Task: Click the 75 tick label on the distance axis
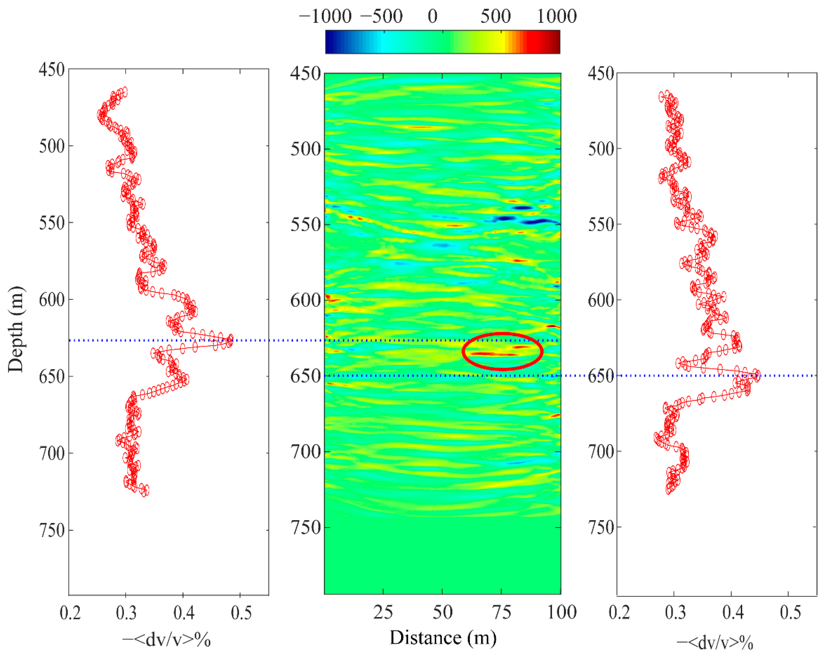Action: [501, 612]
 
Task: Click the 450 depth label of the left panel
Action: [51, 70]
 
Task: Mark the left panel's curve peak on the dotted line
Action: [230, 340]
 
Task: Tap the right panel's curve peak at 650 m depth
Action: [756, 376]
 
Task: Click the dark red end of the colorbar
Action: [556, 42]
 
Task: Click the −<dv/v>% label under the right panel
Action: [714, 643]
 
